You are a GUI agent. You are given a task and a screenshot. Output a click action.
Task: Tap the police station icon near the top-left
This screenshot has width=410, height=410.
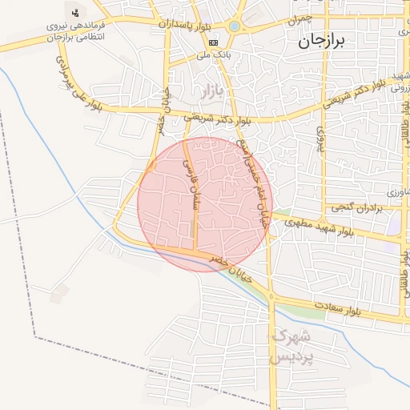click(x=75, y=13)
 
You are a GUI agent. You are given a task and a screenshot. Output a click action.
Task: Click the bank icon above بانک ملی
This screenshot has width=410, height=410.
click(x=212, y=42)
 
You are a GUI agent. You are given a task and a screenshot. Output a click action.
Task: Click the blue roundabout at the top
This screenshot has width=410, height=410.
click(x=234, y=26)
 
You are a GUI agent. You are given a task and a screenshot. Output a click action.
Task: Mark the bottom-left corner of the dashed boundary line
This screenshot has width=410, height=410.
click(x=34, y=336)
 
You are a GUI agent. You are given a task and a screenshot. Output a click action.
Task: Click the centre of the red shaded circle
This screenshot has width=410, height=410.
click(x=205, y=203)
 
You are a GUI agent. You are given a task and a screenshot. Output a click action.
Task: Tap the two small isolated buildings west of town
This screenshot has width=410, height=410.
click(x=58, y=294)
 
